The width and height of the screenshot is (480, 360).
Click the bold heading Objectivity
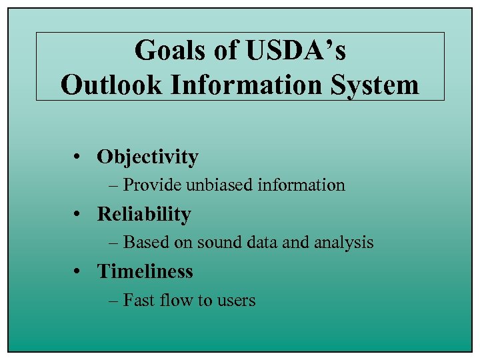tap(147, 157)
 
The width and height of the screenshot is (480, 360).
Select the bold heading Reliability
tap(144, 215)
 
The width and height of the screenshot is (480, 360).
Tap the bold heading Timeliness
tap(145, 272)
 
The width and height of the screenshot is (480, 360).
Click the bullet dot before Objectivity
tap(78, 158)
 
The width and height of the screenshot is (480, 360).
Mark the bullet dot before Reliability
tap(78, 215)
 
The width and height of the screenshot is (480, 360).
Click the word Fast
tap(138, 301)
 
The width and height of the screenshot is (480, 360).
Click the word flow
tap(175, 301)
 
